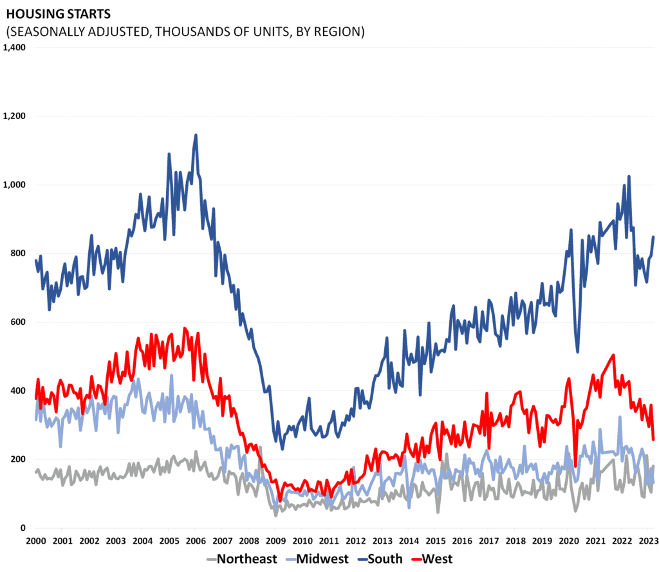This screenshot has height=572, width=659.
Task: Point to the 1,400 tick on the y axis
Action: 14,48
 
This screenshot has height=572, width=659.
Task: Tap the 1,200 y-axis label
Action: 14,116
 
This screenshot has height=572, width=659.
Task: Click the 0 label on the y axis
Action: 23,528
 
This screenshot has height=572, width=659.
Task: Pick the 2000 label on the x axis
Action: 35,541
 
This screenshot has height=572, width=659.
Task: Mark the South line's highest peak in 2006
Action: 196,135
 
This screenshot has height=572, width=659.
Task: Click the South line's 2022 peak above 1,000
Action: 629,176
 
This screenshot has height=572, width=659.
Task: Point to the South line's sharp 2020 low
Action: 578,351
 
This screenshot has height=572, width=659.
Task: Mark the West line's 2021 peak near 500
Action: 613,355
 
